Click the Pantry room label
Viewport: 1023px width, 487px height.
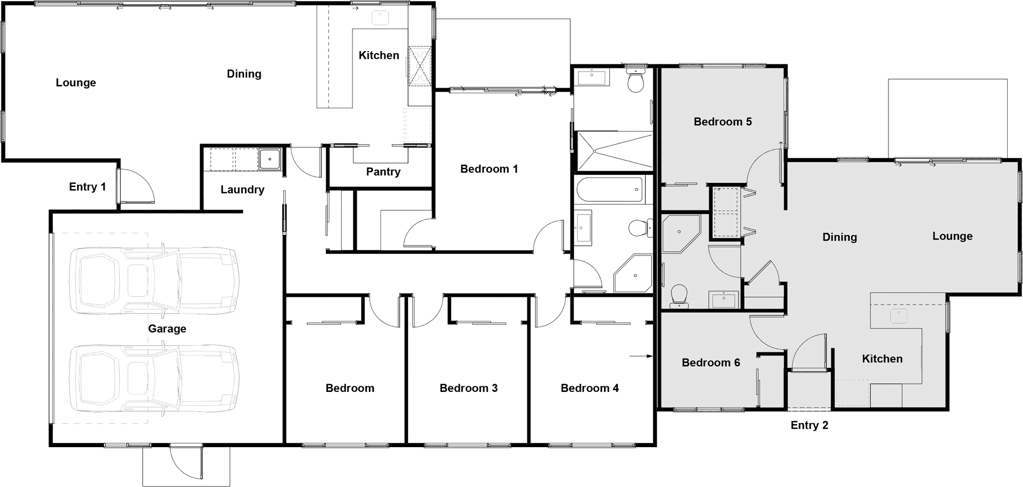[383, 172]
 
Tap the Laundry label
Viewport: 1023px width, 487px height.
[242, 190]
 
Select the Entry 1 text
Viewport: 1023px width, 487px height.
[87, 187]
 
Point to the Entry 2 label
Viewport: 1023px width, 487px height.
[809, 425]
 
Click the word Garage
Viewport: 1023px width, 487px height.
[167, 329]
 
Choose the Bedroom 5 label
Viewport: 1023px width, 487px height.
[723, 122]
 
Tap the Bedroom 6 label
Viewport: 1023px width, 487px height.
[711, 363]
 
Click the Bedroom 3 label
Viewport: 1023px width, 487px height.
[469, 388]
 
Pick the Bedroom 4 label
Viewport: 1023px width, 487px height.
[590, 388]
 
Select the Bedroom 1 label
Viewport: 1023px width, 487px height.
[489, 169]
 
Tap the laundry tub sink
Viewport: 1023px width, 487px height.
[269, 159]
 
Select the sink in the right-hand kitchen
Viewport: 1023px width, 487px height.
[899, 316]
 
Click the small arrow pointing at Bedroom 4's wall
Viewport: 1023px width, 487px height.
[641, 356]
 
